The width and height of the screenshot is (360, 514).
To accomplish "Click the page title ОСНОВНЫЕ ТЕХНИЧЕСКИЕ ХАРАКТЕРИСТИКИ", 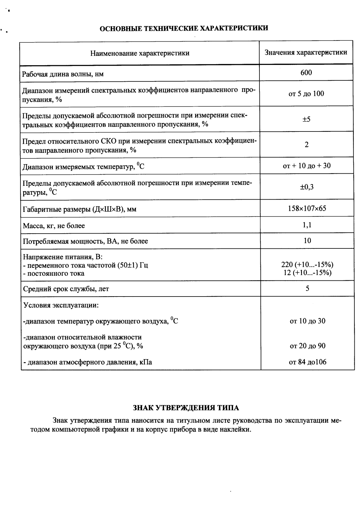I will click(184, 28).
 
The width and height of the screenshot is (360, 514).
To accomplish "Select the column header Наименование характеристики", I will click(140, 53).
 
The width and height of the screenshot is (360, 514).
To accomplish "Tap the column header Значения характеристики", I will click(306, 52).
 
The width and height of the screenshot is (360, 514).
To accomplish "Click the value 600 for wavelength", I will click(306, 72).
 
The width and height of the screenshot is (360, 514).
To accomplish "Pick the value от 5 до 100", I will click(306, 94).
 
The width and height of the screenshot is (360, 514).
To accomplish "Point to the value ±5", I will click(306, 119).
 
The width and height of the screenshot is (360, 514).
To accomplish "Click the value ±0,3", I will click(307, 187).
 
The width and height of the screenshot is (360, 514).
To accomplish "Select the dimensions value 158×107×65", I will click(307, 209).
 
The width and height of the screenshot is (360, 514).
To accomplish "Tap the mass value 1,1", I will click(307, 225).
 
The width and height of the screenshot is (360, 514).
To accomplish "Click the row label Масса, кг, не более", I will click(54, 226).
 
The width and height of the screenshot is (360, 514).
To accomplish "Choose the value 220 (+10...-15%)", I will click(307, 265).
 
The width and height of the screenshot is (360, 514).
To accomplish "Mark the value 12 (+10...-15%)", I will click(307, 273).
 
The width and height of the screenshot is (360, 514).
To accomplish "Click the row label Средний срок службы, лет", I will click(66, 289).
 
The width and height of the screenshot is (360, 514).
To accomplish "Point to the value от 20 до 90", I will click(307, 346).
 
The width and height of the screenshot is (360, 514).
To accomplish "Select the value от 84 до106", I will click(307, 362).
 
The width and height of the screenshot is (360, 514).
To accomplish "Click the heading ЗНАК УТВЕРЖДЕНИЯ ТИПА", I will click(186, 408).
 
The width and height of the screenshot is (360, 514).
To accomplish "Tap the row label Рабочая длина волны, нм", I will click(63, 74).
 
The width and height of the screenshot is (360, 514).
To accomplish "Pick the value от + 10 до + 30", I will click(307, 166).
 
